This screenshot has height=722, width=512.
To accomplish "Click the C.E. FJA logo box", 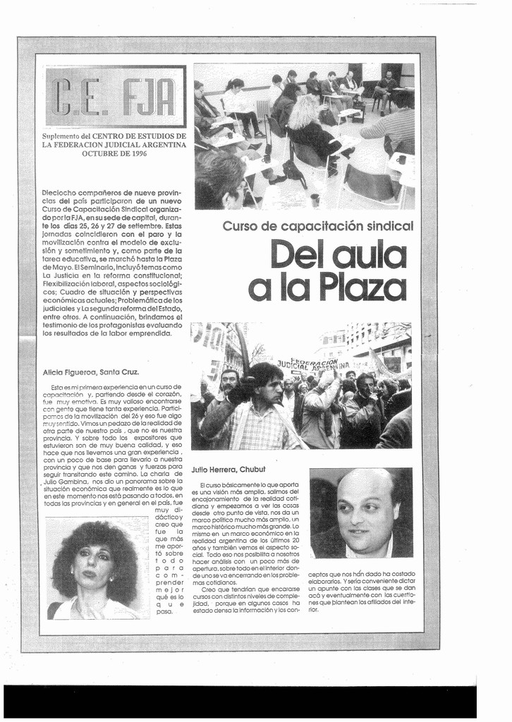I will coord(116,97).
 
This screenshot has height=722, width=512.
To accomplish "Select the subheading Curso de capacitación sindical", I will coord(317,226).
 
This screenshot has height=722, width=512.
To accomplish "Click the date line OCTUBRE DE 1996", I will coord(114,153).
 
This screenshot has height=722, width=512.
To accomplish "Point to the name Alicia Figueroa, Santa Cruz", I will coord(91,372).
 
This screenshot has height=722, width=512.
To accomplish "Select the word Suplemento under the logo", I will coord(61,135).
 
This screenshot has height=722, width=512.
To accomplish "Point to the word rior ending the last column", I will coord(314,609).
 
